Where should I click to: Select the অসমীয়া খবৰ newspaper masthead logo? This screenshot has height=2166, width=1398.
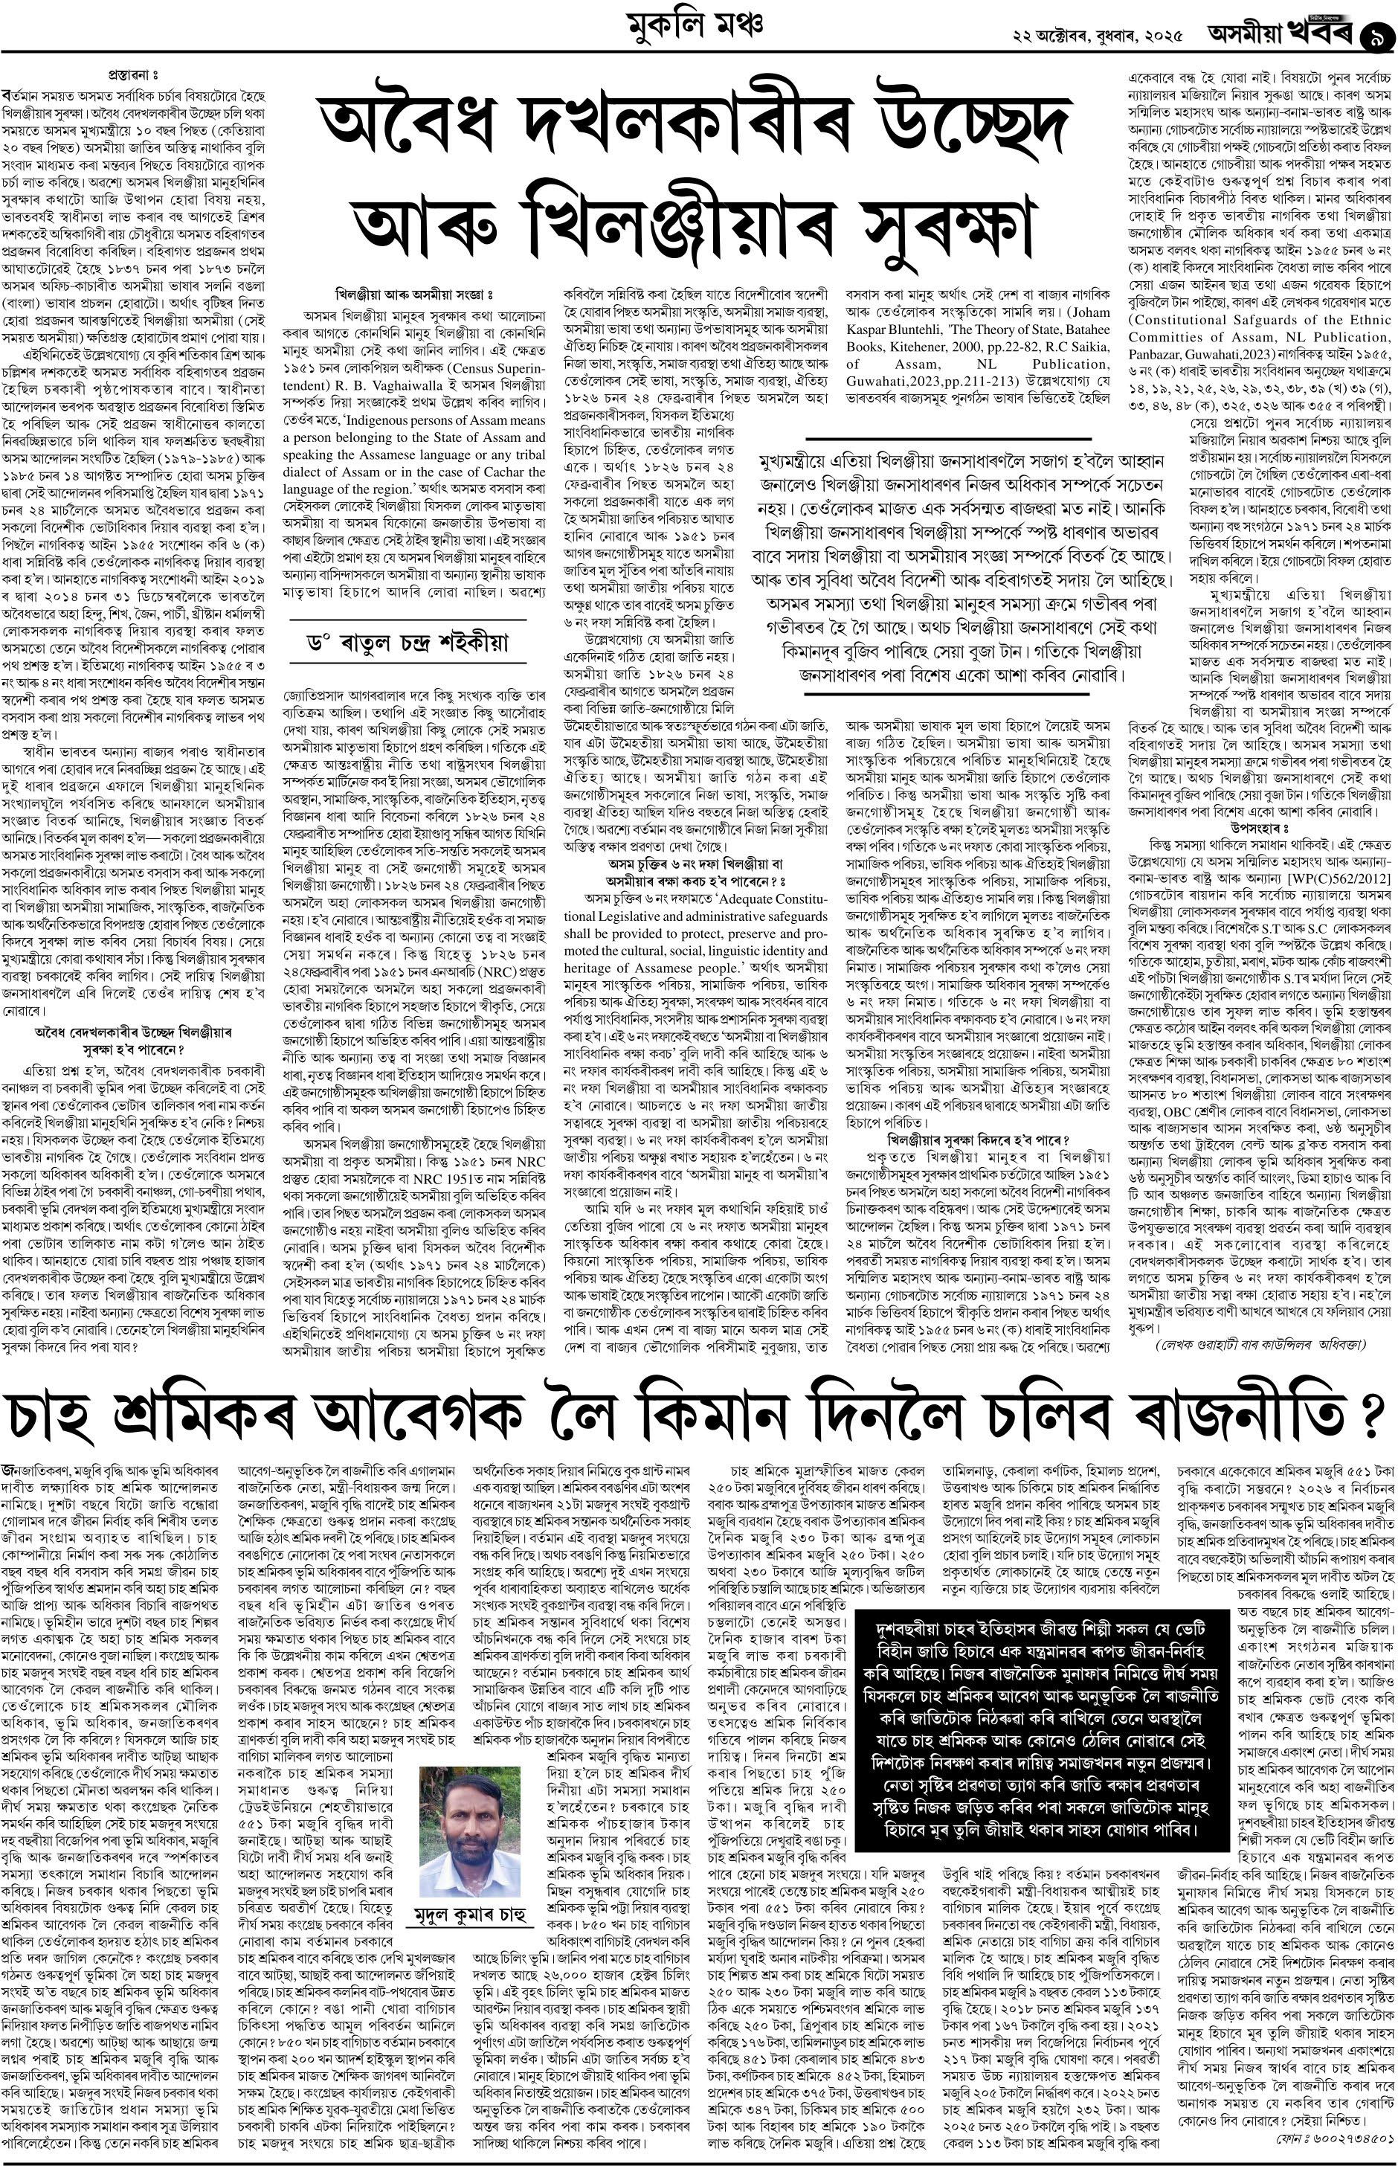[x=1279, y=34]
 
